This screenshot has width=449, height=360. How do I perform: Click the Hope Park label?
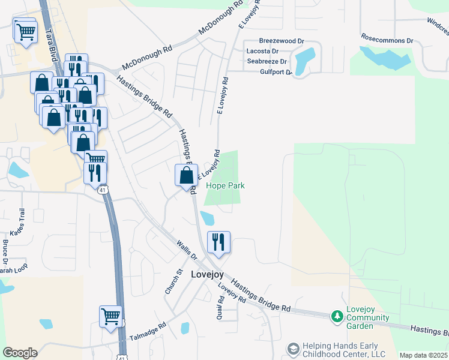click(x=225, y=186)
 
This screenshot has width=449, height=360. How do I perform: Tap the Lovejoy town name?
click(x=207, y=274)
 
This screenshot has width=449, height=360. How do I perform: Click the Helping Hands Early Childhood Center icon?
click(x=293, y=349)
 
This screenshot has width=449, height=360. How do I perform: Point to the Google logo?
click(x=20, y=353)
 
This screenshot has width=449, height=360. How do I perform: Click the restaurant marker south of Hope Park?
click(x=218, y=242)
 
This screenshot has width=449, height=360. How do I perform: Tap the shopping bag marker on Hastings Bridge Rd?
click(x=186, y=175)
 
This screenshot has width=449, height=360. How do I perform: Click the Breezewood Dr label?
click(x=278, y=41)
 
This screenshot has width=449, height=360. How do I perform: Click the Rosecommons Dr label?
click(x=387, y=40)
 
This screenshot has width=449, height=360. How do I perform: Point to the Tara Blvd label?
click(x=53, y=48)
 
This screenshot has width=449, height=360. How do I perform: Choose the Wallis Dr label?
click(x=187, y=250)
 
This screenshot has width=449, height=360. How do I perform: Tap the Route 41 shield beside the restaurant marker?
click(x=103, y=190)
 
